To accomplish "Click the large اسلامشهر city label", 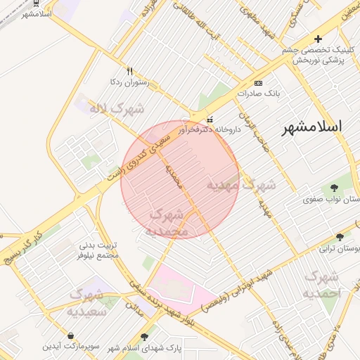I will click(x=311, y=127).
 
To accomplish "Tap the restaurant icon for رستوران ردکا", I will click(x=129, y=71).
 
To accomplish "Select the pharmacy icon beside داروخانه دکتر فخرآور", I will click(x=210, y=118).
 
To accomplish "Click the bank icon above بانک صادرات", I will click(x=258, y=82).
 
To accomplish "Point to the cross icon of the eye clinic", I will click(x=318, y=39).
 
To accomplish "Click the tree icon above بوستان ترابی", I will click(x=340, y=237).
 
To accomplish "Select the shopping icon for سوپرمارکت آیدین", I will click(x=72, y=335).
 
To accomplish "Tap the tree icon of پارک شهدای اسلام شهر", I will click(x=146, y=337).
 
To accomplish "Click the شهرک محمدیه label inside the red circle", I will click(x=169, y=221).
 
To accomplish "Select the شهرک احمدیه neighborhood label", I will click(x=323, y=283).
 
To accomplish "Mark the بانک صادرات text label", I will click(x=259, y=93).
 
